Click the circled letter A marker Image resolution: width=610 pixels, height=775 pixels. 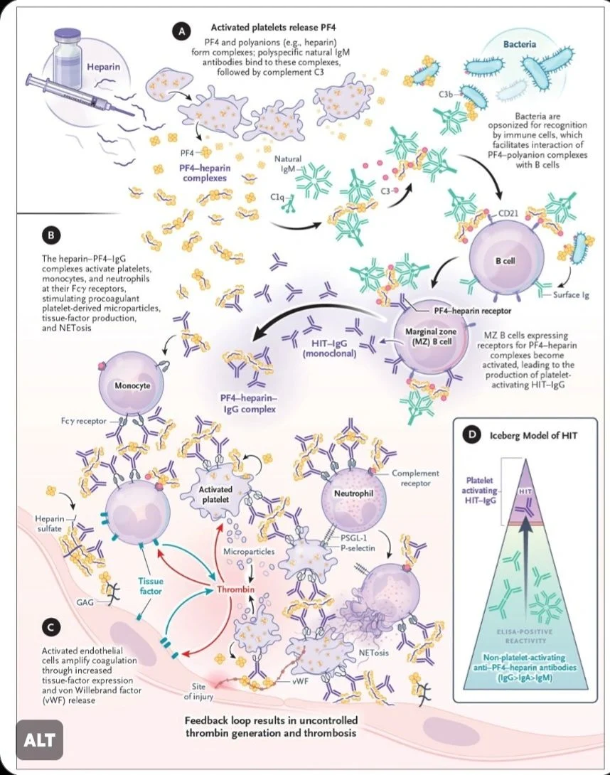click(x=181, y=31)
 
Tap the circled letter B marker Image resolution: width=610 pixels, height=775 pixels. click(x=50, y=235)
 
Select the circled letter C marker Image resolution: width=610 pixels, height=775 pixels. click(x=50, y=627)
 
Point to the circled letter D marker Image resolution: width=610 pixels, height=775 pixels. click(x=471, y=435)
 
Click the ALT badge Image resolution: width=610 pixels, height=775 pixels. click(x=40, y=740)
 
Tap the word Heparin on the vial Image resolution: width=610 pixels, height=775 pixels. click(x=103, y=66)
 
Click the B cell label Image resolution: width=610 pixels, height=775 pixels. click(x=505, y=260)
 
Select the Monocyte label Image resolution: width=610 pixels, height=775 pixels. click(x=132, y=385)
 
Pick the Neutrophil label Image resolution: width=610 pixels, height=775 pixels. click(x=353, y=493)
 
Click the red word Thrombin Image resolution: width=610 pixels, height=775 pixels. click(x=236, y=589)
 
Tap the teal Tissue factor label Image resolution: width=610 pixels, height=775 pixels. click(x=150, y=586)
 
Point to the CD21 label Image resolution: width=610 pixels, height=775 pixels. click(x=508, y=213)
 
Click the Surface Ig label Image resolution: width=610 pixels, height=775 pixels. click(x=571, y=295)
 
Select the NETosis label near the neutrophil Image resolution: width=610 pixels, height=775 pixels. click(x=374, y=653)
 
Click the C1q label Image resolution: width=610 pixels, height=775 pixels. click(x=277, y=197)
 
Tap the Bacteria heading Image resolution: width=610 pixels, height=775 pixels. click(x=520, y=44)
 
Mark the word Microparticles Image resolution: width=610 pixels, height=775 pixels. click(x=249, y=551)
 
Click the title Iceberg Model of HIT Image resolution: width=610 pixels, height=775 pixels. click(x=533, y=435)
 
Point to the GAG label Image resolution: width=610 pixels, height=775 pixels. click(x=85, y=602)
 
